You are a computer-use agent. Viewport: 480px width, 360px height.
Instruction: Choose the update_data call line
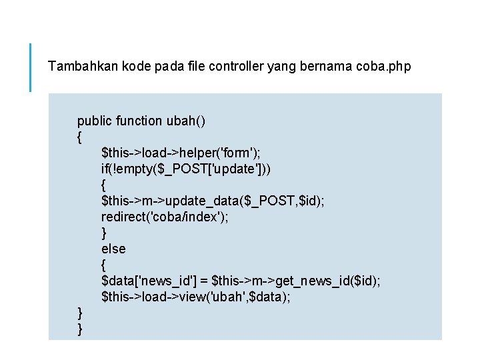pos(213,201)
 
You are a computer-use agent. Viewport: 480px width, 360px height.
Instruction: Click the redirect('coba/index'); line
pos(164,217)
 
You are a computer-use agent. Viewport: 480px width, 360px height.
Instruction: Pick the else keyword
pos(113,249)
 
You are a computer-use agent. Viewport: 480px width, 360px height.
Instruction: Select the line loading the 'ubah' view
pos(195,297)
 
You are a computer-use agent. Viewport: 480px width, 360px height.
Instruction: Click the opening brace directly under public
pos(80,137)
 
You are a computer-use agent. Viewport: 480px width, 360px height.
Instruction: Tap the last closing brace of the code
pos(80,329)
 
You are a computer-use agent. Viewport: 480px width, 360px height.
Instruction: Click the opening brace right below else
pos(104,265)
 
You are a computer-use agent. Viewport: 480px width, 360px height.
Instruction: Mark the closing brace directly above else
pos(104,233)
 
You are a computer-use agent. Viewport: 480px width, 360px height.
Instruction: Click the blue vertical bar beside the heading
pos(31,67)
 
